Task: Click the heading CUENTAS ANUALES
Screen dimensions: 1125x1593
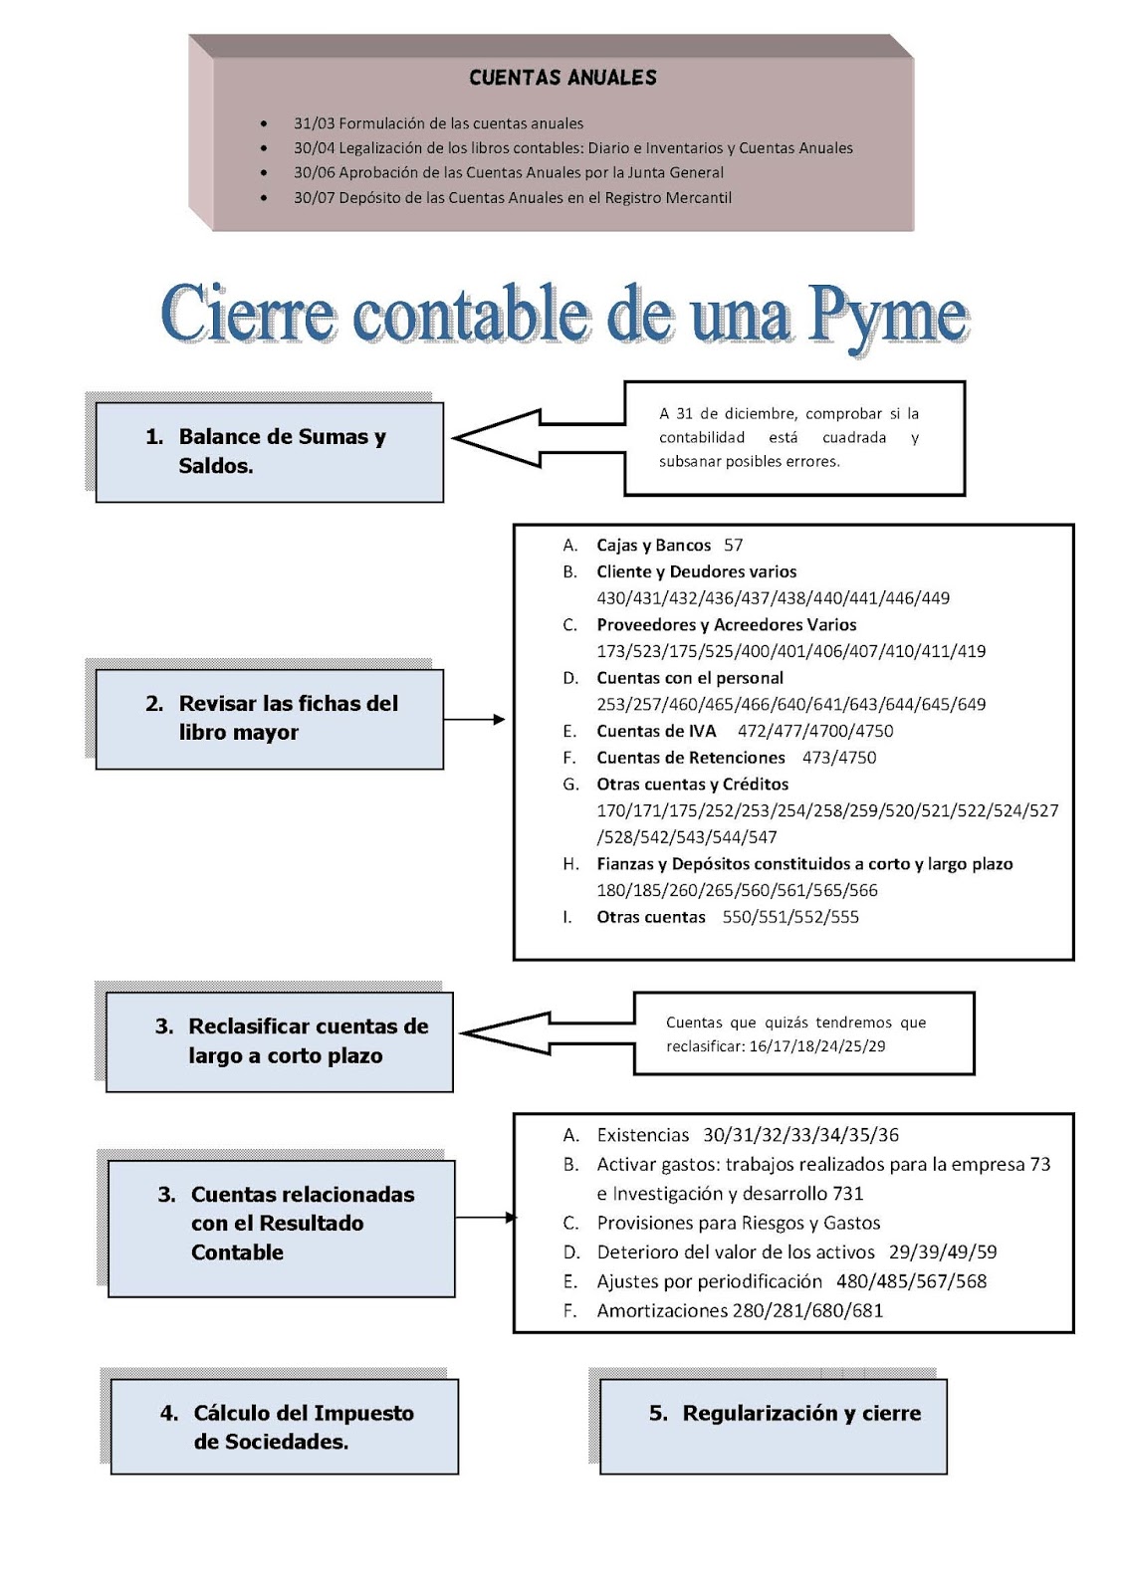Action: (562, 78)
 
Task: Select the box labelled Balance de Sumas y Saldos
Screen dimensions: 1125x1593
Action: (269, 451)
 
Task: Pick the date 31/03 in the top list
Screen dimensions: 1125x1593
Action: (314, 123)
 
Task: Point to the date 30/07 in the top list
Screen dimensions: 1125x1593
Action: (314, 197)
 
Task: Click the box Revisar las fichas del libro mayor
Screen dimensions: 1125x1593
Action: (269, 718)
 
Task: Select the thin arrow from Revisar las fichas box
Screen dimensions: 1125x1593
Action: (474, 719)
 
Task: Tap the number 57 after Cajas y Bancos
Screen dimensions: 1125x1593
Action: (734, 545)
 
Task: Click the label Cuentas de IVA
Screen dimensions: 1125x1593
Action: (656, 731)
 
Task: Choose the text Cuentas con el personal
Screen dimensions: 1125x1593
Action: (690, 678)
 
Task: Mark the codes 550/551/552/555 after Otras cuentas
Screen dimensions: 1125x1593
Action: (790, 917)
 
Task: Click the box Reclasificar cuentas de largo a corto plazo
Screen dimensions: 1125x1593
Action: (279, 1040)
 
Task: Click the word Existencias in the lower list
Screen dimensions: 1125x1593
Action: (643, 1135)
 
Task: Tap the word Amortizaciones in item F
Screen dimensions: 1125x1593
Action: (662, 1310)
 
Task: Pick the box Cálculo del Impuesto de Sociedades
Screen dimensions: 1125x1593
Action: (284, 1427)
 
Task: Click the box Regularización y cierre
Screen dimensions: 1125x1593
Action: (773, 1426)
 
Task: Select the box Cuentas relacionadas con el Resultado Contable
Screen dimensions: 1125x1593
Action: (281, 1228)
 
